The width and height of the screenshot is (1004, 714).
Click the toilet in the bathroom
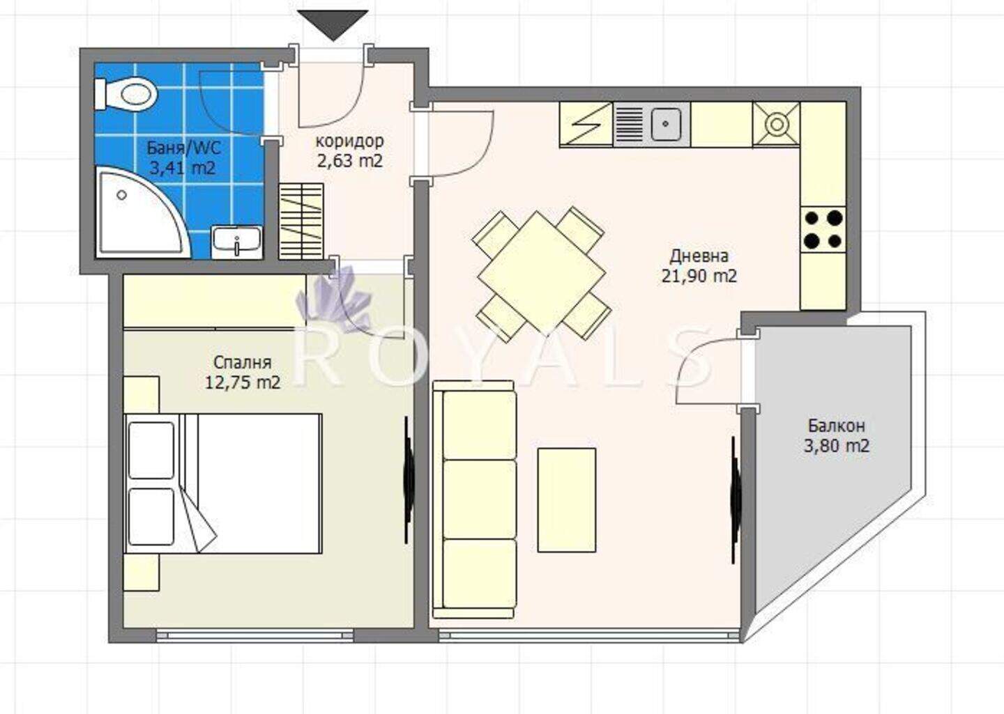[126, 94]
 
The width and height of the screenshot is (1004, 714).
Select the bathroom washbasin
[236, 242]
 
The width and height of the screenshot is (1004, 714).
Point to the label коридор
[350, 141]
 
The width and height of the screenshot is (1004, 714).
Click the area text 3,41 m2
[182, 169]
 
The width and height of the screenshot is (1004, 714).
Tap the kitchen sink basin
[666, 124]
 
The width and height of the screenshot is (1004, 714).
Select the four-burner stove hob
[823, 230]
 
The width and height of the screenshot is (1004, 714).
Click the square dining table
[542, 273]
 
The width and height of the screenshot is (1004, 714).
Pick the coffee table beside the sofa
[567, 500]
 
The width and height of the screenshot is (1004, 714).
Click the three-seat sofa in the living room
[474, 499]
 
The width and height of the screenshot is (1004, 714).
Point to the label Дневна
[699, 256]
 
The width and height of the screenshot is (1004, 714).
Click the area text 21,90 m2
[699, 276]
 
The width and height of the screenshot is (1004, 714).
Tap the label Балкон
[837, 426]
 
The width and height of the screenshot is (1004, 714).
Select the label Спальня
[243, 362]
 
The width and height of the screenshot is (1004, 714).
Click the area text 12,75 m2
[243, 382]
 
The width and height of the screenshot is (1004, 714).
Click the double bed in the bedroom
[224, 483]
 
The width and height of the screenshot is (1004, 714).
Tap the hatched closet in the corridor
[301, 221]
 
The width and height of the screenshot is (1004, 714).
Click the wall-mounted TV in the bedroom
[407, 480]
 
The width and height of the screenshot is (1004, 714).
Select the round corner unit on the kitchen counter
[776, 124]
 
